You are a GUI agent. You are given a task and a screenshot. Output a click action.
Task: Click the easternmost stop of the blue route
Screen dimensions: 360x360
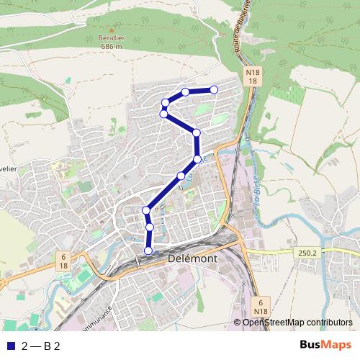coord(214,89)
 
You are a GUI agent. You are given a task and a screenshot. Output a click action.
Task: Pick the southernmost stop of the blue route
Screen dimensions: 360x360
coord(149,251)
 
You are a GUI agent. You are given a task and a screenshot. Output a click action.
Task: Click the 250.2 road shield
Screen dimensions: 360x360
coord(305,253)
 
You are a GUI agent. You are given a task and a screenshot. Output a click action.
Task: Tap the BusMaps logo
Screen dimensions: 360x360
coord(325,346)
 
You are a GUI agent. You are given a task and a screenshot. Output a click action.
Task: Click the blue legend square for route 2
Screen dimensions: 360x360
coord(9,346)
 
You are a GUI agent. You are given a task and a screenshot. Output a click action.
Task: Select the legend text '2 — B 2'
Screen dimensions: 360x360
coord(40,346)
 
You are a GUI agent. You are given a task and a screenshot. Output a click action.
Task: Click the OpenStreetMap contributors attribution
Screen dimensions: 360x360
coord(297,323)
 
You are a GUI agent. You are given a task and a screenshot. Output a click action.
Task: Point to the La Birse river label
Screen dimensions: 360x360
coord(256,194)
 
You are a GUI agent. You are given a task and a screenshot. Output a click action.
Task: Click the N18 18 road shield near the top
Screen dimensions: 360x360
coord(252,77)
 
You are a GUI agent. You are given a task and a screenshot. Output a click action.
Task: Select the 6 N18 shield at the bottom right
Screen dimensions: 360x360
coord(261,306)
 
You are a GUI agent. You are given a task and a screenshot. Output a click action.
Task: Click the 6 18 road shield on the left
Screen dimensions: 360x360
coord(63,261)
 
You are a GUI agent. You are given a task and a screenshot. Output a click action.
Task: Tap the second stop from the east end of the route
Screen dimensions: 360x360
coord(186,91)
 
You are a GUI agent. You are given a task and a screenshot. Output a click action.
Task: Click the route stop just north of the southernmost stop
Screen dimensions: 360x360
coord(150,228)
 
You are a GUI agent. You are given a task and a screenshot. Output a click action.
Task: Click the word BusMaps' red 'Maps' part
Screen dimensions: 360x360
coord(338,346)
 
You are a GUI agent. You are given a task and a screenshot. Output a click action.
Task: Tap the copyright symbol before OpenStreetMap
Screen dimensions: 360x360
coord(237,323)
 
